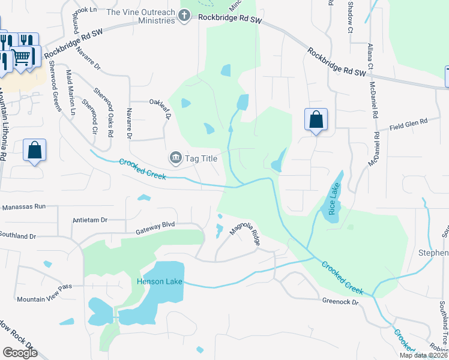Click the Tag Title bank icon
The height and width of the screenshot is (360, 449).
175,158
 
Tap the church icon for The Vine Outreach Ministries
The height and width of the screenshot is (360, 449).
185,15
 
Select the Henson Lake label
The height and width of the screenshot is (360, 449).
158,281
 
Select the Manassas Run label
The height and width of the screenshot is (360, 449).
24,206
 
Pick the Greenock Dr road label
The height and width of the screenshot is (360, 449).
340,302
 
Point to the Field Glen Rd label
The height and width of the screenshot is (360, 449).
408,124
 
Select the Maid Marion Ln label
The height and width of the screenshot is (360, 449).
71,92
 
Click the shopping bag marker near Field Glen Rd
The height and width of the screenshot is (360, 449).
316,119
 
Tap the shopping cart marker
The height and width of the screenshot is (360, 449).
22,58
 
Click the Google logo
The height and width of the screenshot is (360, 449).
20,353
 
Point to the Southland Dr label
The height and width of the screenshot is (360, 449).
18,236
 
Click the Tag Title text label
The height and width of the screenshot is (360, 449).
199,158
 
